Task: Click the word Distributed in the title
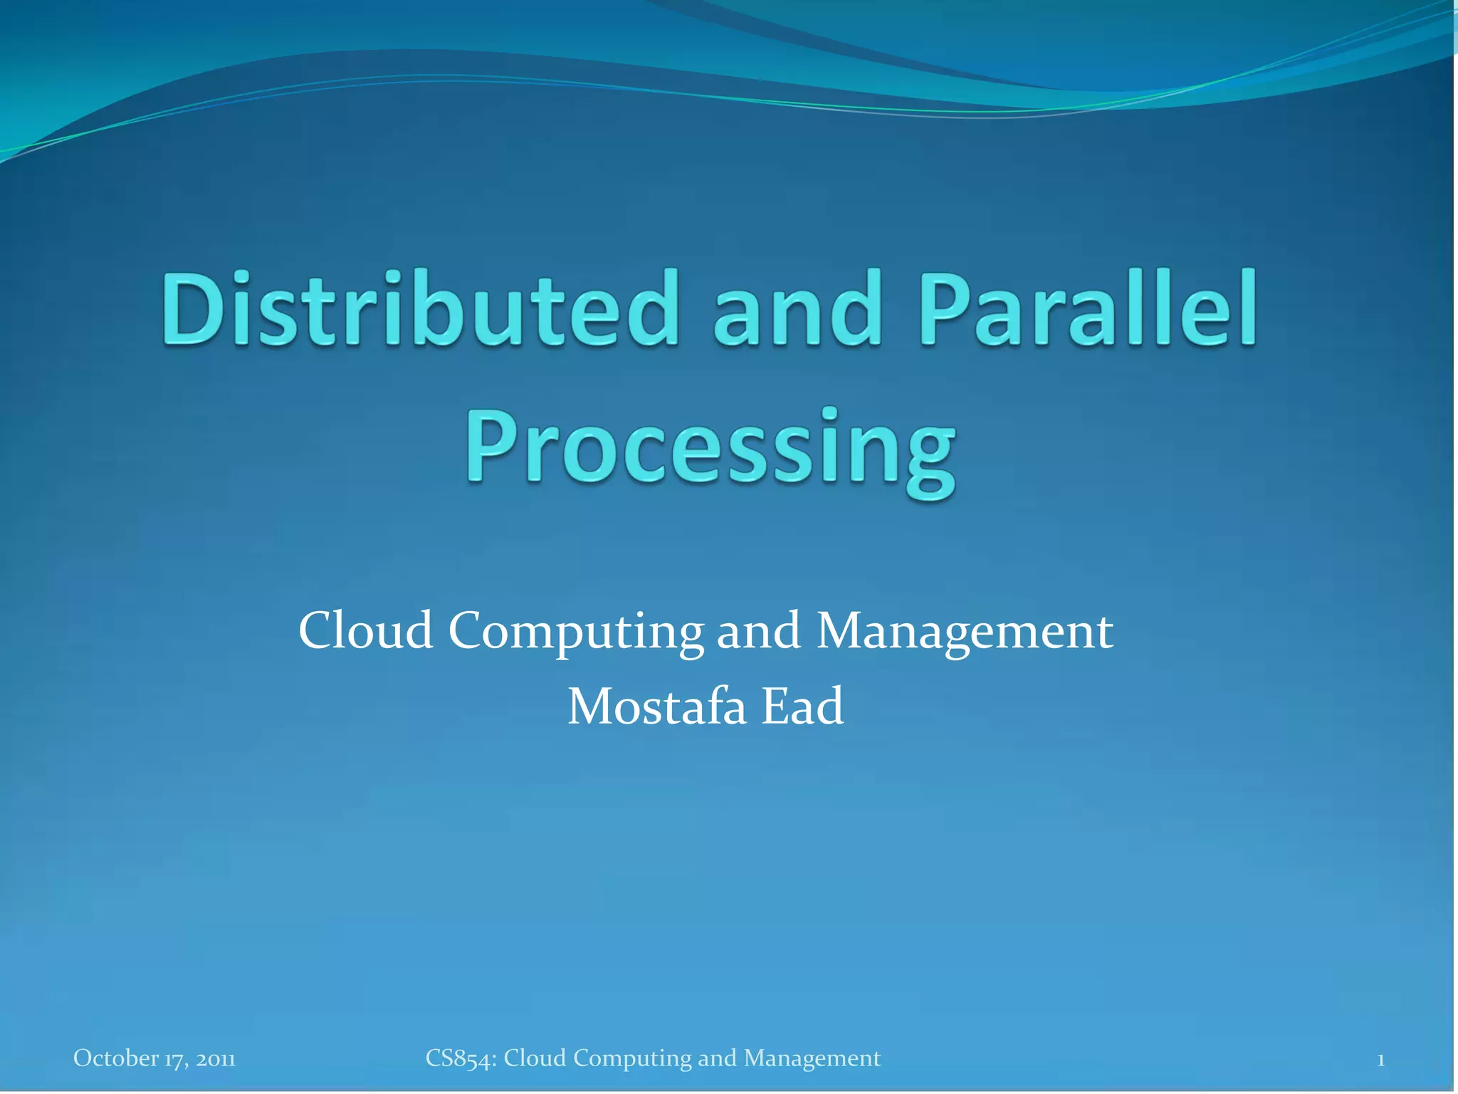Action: [419, 308]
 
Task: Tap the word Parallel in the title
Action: [1088, 308]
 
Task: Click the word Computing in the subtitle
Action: [575, 632]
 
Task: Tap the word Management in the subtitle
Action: [964, 632]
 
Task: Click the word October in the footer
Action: [115, 1058]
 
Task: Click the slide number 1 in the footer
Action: [1380, 1060]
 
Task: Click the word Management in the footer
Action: [812, 1058]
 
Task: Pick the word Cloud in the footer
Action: [535, 1058]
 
